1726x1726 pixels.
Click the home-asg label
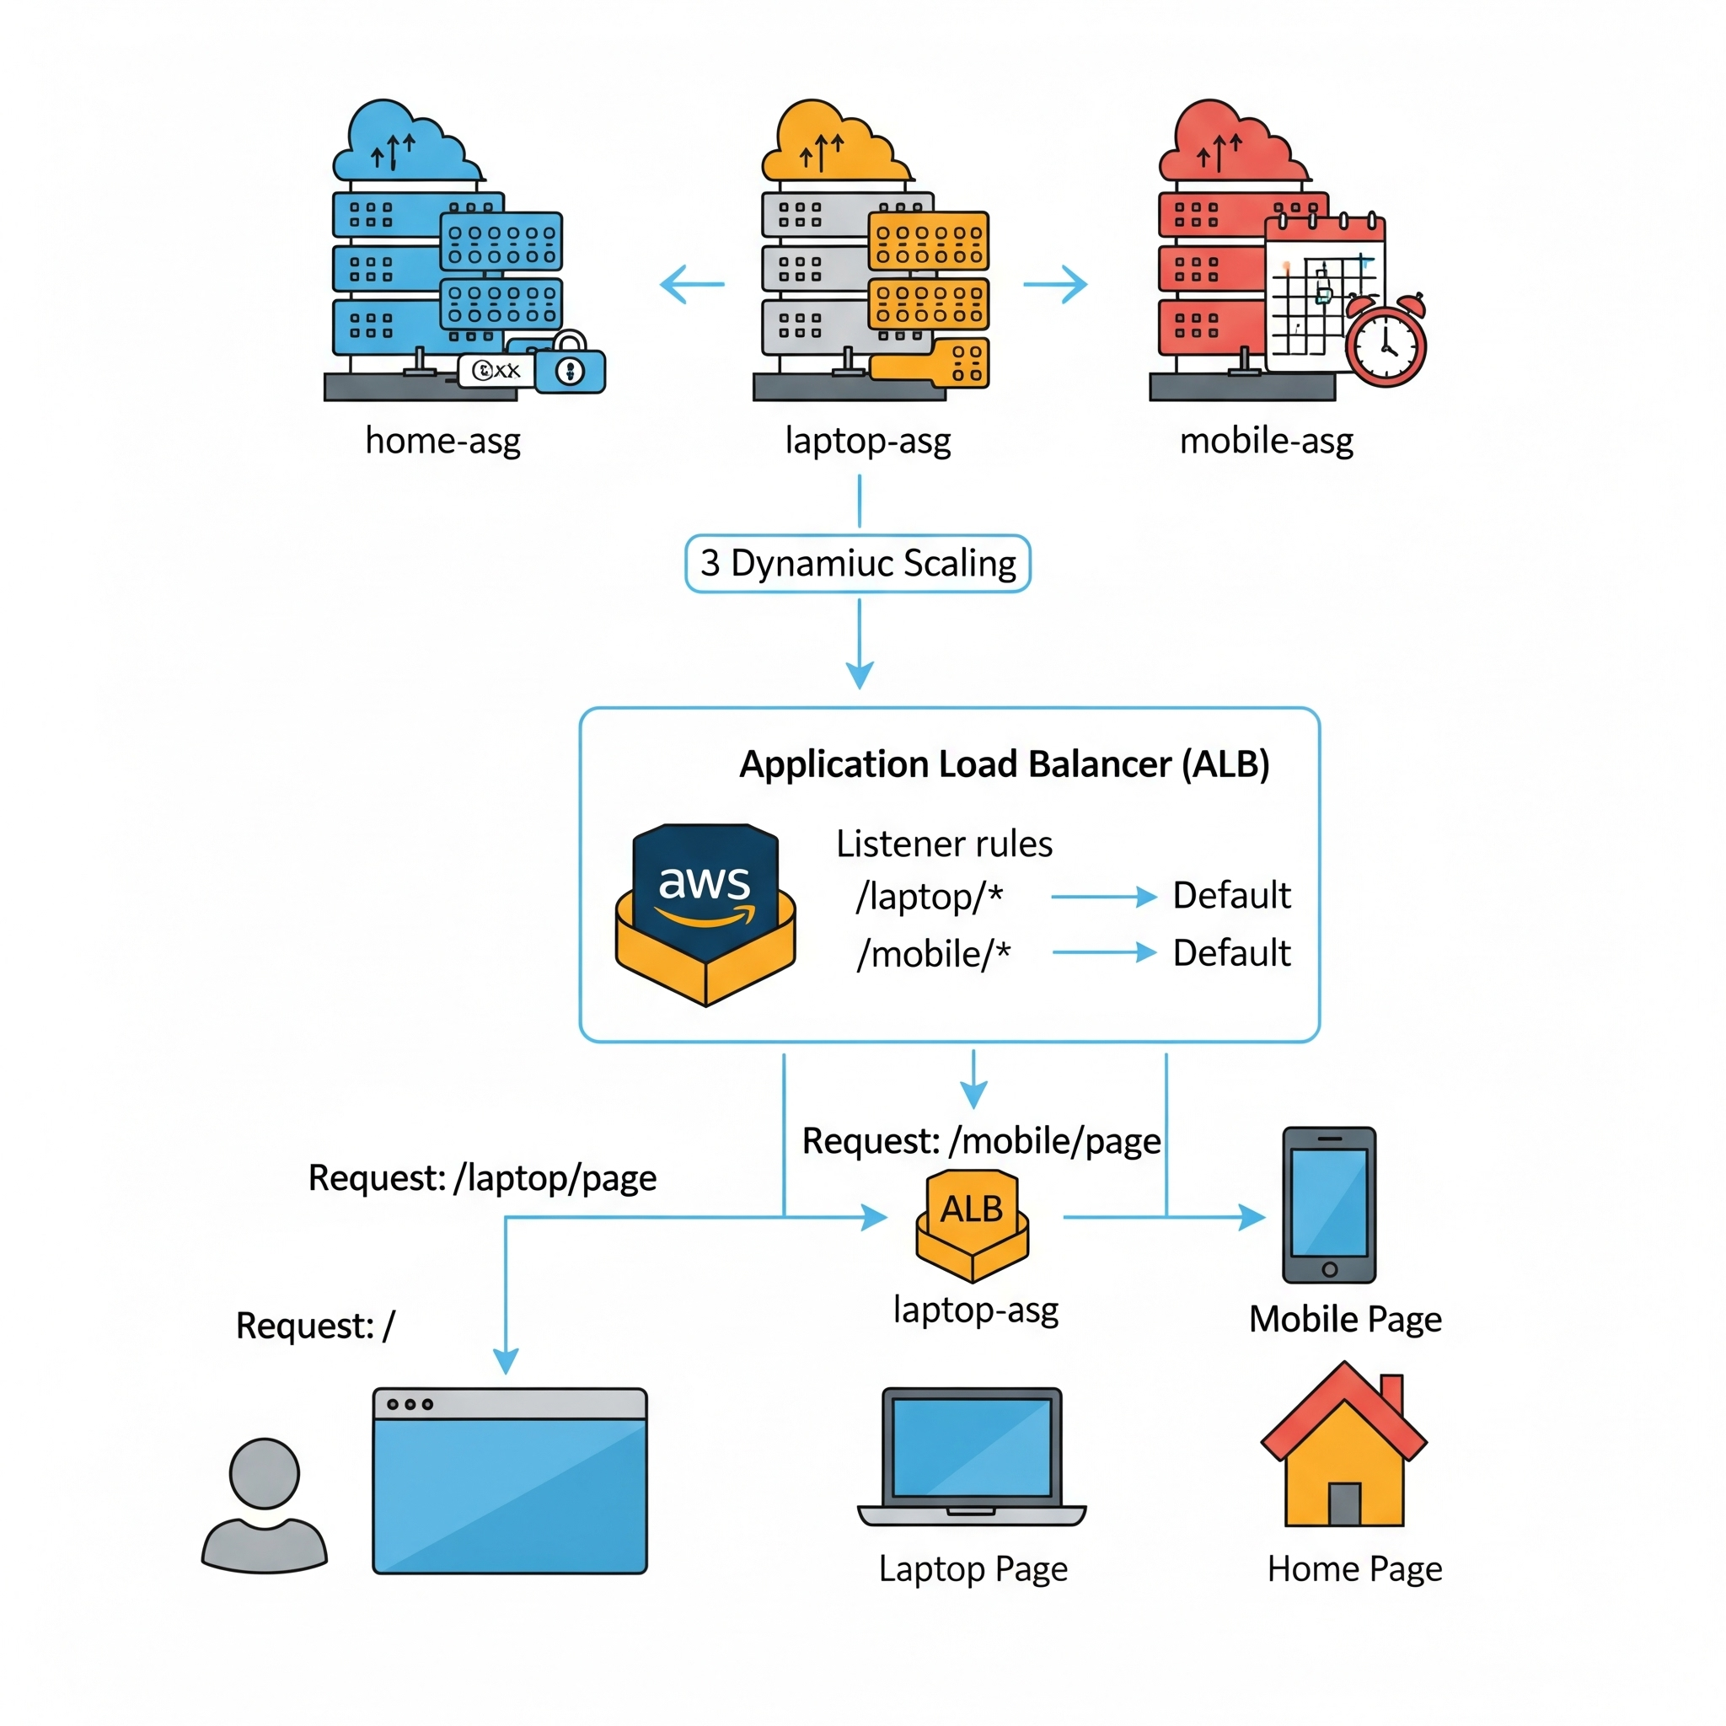coord(442,441)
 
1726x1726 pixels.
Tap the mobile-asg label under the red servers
coord(1266,441)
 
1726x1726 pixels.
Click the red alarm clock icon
coord(1385,342)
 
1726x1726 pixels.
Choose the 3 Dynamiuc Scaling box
coord(858,564)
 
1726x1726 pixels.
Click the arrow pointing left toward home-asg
coord(693,284)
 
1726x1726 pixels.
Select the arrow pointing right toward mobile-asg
coord(1055,284)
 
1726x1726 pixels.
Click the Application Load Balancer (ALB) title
coord(1004,764)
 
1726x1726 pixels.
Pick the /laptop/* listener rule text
coord(929,896)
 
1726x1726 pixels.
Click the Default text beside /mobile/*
coord(1231,953)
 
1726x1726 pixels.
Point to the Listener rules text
coord(944,844)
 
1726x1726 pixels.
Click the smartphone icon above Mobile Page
coord(1329,1205)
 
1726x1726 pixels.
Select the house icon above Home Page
coord(1343,1447)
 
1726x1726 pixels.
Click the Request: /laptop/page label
coord(482,1178)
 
